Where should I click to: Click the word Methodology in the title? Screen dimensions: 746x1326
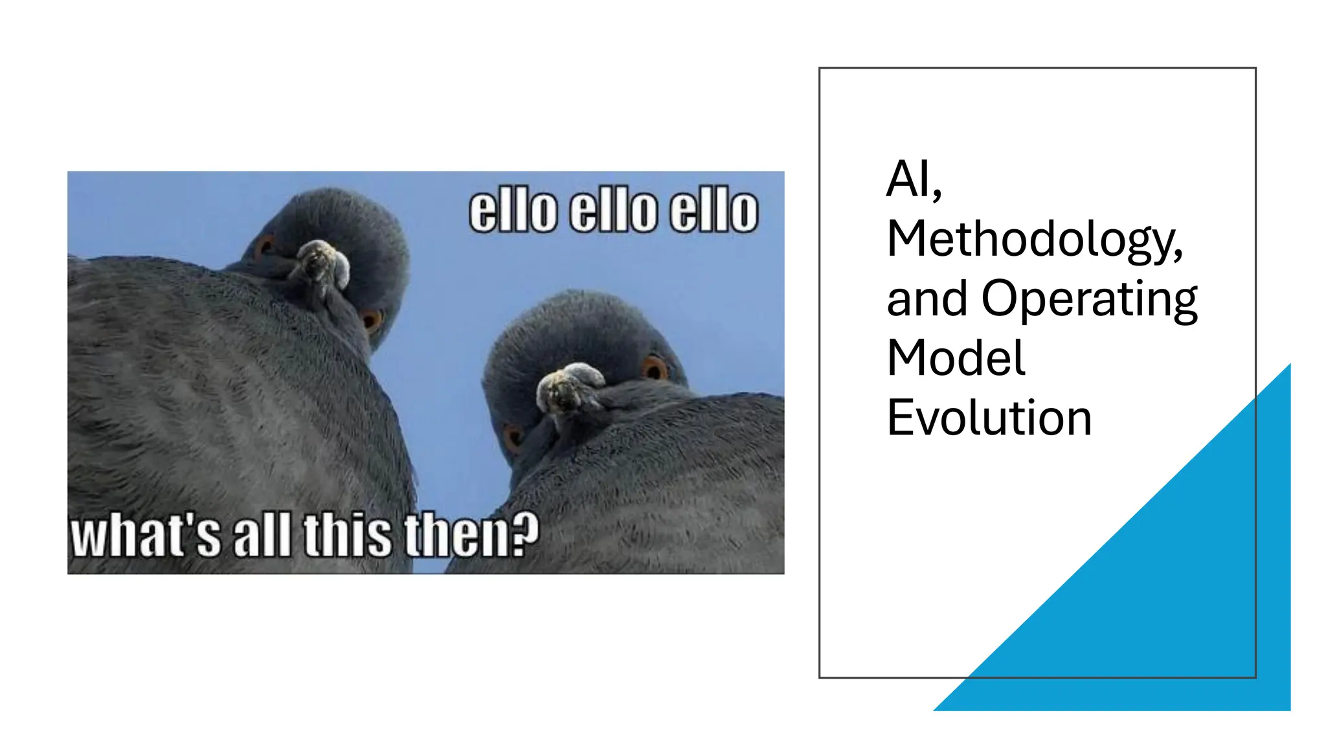coord(1034,240)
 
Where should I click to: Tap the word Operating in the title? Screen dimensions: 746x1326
coord(1089,299)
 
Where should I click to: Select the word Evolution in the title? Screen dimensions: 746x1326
coord(989,418)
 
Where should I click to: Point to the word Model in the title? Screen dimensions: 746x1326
coord(956,358)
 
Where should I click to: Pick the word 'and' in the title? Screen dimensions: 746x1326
coord(927,299)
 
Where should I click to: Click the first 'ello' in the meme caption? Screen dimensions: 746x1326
coord(513,210)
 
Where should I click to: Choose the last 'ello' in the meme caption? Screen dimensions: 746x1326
coord(714,210)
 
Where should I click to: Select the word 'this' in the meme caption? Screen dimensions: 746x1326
coord(348,535)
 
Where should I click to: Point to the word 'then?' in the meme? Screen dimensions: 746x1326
coord(471,535)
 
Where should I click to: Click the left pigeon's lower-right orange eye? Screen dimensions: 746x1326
coord(371,319)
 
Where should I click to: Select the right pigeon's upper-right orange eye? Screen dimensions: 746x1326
coord(654,368)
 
